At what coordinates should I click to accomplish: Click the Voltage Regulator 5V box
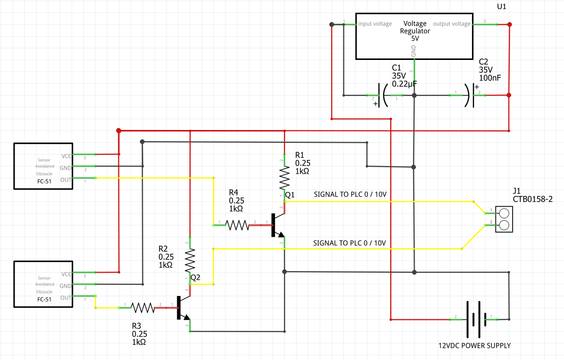click(414, 36)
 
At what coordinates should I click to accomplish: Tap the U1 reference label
click(501, 7)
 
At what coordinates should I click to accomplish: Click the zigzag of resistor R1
click(284, 178)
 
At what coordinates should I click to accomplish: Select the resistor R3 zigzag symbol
click(143, 308)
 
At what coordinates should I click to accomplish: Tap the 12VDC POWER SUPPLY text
click(474, 346)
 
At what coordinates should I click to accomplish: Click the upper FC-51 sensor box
click(44, 166)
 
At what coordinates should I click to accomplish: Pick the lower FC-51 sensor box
click(44, 284)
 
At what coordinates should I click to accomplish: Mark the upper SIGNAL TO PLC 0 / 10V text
click(350, 194)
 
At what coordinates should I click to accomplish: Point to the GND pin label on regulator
click(414, 51)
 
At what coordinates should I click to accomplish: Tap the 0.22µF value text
click(404, 84)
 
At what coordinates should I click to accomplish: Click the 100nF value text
click(490, 78)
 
